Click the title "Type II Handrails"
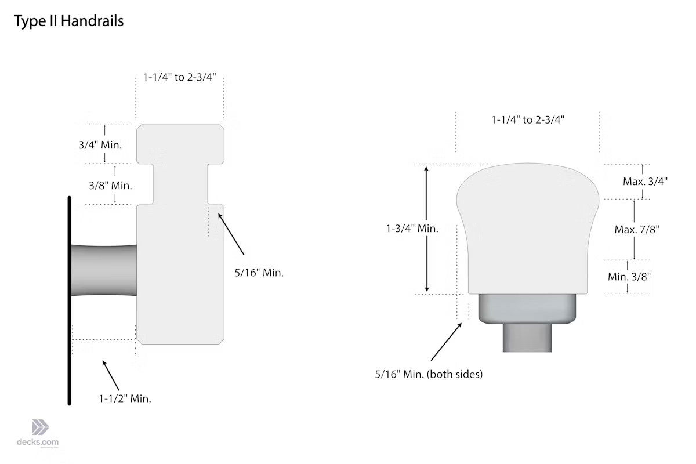[x=68, y=21]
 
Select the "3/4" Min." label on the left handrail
[x=100, y=145]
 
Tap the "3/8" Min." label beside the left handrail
[x=110, y=186]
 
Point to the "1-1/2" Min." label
[x=125, y=398]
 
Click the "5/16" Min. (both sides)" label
[x=429, y=374]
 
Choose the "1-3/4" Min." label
[x=412, y=229]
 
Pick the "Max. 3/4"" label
[x=645, y=181]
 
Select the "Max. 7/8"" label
[x=637, y=230]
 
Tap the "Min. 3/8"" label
[x=629, y=276]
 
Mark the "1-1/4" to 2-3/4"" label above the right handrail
[x=528, y=119]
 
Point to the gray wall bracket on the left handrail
[x=103, y=270]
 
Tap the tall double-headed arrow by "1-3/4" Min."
[x=427, y=229]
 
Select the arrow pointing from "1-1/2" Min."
[x=111, y=375]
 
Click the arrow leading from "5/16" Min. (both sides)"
[x=447, y=342]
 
